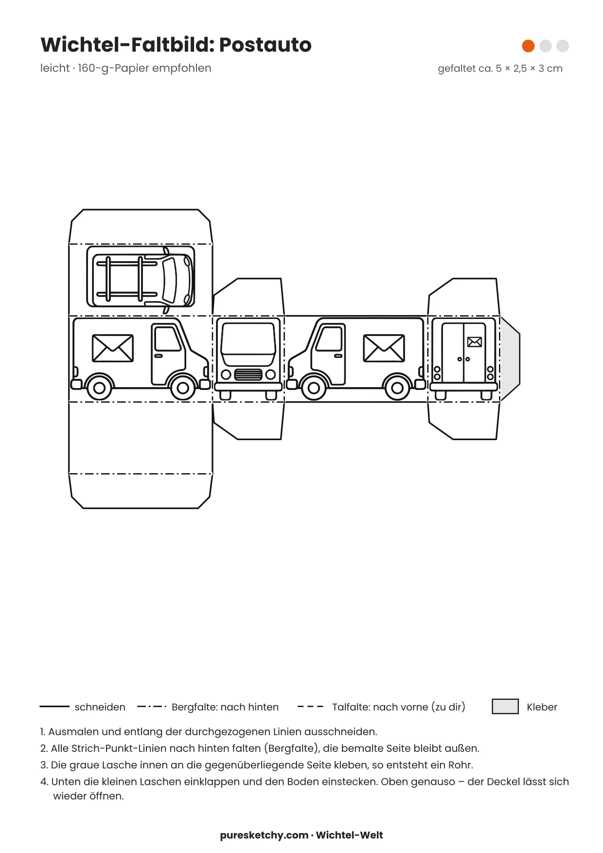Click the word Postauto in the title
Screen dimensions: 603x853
pos(265,45)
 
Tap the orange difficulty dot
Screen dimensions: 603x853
pos(528,46)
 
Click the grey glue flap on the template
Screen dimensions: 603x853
pos(510,359)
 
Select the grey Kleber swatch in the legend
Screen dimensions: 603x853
pos(505,706)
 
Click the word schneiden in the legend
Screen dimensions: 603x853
pos(100,707)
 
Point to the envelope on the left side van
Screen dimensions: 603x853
pos(113,348)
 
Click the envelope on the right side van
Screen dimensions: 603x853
pos(384,348)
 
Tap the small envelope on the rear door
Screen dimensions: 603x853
pos(475,342)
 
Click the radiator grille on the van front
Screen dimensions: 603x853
pos(248,374)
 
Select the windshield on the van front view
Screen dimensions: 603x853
pos(248,339)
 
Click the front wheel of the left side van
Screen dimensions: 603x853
pos(183,388)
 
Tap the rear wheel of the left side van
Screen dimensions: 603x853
pos(99,388)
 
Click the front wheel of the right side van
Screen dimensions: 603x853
pos(314,388)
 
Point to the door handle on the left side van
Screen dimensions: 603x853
pos(158,356)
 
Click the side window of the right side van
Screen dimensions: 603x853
pos(329,339)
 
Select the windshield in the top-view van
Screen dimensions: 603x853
pos(170,280)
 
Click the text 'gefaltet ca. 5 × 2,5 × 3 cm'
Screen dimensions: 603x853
pos(500,69)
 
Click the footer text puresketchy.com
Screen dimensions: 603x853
pos(264,835)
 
